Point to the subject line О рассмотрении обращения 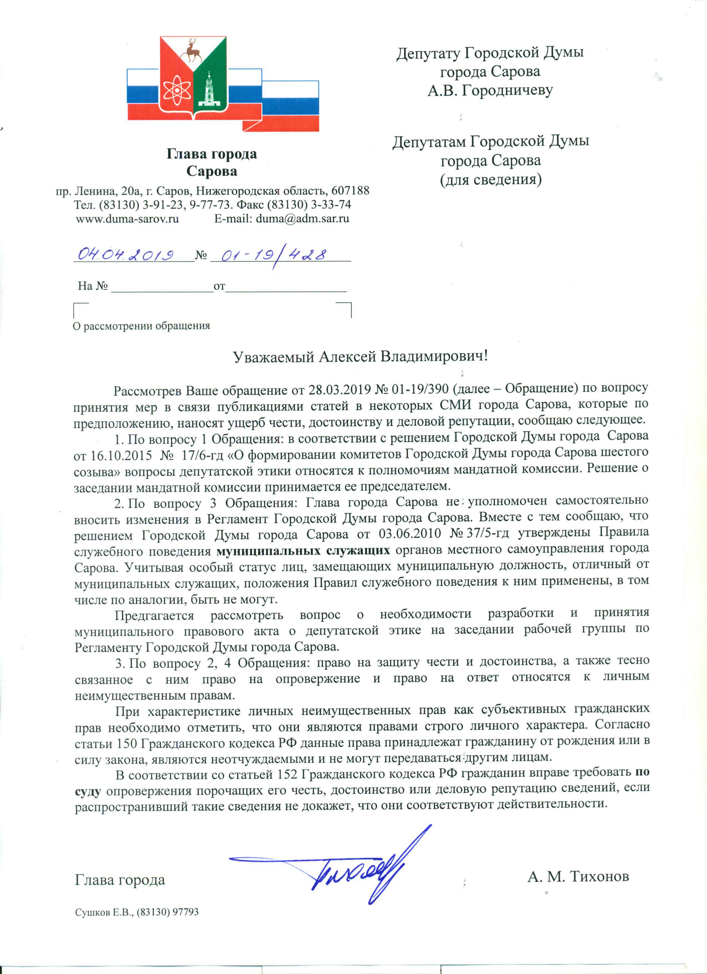pos(141,325)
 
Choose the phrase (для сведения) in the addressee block pos(490,179)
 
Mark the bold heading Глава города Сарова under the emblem pos(212,163)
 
